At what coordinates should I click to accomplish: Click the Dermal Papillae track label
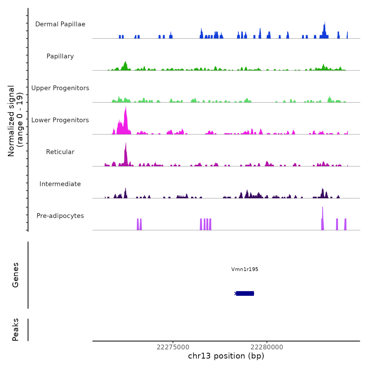[60, 24]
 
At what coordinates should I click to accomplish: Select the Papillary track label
[60, 56]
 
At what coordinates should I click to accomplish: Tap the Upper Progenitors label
[60, 88]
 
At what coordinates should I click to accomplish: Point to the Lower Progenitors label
[60, 120]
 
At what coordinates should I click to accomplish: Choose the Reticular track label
[60, 152]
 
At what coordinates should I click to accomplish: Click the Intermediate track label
[60, 184]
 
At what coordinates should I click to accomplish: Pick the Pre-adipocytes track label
[60, 216]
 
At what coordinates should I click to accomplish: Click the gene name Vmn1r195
[245, 269]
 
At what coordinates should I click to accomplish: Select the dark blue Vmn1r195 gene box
[245, 293]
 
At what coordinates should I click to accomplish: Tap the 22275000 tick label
[173, 347]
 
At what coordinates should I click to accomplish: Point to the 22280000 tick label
[267, 347]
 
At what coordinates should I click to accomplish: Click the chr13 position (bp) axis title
[226, 356]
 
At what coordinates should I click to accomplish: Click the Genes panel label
[16, 275]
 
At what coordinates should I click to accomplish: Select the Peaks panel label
[16, 330]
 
